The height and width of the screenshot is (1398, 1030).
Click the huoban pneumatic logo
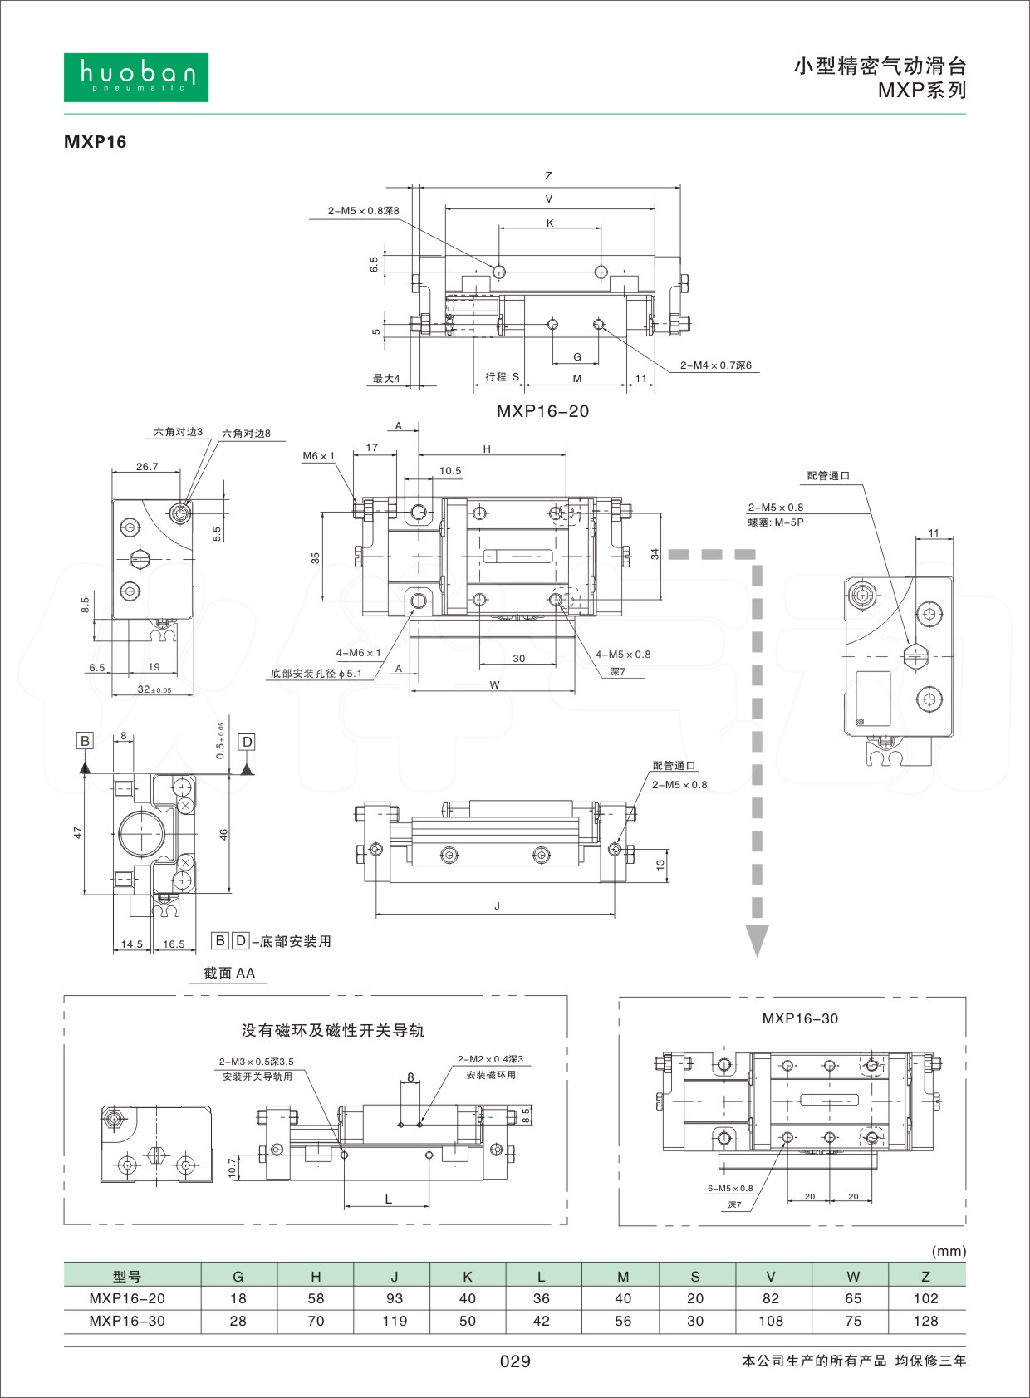coord(136,77)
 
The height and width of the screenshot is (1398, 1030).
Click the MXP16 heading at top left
coord(96,142)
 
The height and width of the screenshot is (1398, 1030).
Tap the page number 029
coord(515,1361)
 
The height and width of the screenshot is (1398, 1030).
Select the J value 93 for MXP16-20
coord(395,1298)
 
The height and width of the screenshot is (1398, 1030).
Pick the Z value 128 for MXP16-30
coord(925,1321)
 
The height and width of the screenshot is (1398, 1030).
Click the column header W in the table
coord(853,1277)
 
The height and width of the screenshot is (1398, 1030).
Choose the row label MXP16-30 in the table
coord(127,1321)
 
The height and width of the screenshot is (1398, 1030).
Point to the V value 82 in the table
coord(771,1298)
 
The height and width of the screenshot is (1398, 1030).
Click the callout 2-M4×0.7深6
coord(715,365)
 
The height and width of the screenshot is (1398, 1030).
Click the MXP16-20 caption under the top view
coord(542,411)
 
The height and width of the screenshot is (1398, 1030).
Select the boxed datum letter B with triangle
coord(85,742)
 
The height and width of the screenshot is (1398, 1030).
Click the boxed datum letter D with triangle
coord(246,742)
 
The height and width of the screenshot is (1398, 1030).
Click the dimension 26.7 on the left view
coord(147,467)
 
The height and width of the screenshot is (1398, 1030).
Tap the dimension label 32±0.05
coord(154,689)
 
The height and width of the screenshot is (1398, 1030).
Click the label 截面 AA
coord(229,973)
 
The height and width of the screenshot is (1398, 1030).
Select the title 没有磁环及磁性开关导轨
coord(332,1030)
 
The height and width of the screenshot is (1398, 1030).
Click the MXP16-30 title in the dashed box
coord(800,1018)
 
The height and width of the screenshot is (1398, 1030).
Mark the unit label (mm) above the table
coord(949,1251)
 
